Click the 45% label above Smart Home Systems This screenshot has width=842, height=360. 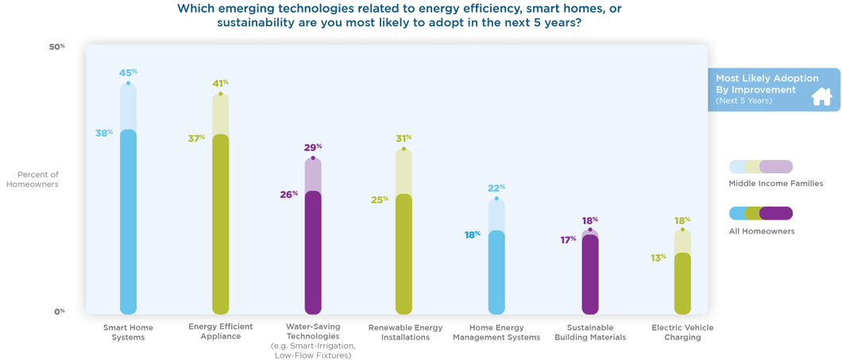[127, 73]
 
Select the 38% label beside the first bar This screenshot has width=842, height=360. [104, 133]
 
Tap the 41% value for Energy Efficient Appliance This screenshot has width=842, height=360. [220, 83]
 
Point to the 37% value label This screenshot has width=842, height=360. [196, 138]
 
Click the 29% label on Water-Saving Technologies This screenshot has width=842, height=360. [313, 148]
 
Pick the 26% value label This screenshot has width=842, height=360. [289, 195]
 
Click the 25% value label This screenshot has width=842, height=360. [380, 199]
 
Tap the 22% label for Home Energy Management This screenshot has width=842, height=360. [496, 188]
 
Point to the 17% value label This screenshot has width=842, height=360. [567, 239]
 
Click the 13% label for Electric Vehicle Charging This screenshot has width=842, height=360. [659, 257]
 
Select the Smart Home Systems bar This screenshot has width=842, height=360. [128, 223]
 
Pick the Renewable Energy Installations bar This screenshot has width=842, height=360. [404, 254]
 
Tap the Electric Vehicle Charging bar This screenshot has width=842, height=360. [682, 283]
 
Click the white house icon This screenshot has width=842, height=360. [821, 97]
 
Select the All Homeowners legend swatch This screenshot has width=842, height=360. [761, 213]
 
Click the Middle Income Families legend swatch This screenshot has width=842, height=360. [761, 167]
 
